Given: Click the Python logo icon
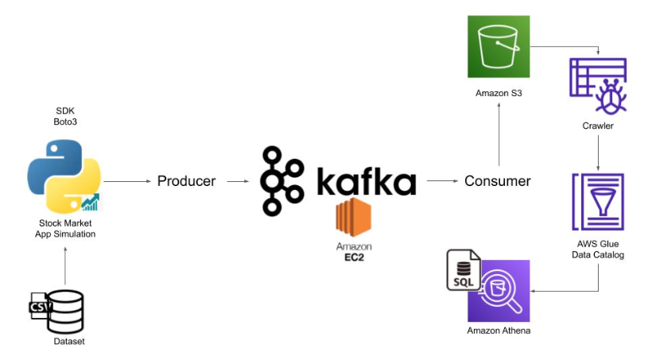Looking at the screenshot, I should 64,175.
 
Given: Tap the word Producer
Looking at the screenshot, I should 186,181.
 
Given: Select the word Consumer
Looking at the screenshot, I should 497,181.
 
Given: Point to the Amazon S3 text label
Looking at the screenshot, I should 499,94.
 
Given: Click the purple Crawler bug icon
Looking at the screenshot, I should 598,86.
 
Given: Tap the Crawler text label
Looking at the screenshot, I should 598,126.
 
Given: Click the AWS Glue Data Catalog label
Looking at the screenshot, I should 598,249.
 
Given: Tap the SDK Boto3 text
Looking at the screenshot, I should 65,116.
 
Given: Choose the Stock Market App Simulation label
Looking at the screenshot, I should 65,228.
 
